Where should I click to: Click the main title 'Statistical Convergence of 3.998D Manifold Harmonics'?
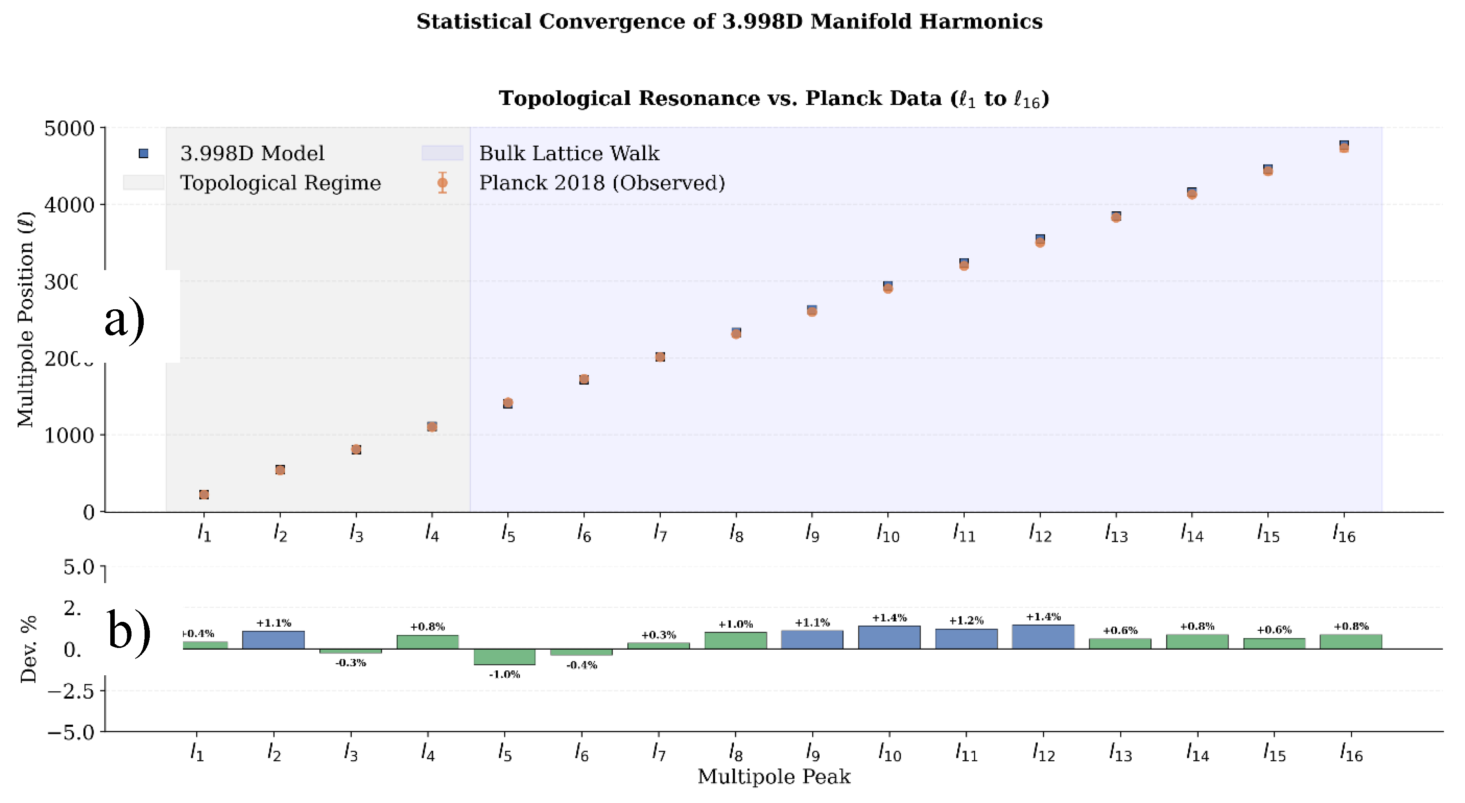point(729,22)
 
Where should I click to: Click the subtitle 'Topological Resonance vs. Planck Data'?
point(774,98)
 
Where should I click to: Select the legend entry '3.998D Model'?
point(252,153)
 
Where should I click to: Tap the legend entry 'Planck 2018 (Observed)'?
point(602,183)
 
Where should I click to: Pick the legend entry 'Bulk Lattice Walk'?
point(569,153)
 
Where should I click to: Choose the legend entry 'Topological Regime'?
point(280,183)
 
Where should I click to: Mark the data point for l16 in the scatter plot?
point(1344,146)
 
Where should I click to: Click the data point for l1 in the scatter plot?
point(204,495)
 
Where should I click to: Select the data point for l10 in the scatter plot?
point(888,287)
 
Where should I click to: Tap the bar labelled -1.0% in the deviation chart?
point(504,657)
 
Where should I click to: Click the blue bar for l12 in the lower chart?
point(1043,637)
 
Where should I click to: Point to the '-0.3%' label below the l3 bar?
point(350,663)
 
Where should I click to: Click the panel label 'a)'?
point(125,319)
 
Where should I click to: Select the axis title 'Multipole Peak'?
point(774,776)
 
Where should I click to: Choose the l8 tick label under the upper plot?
point(736,534)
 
